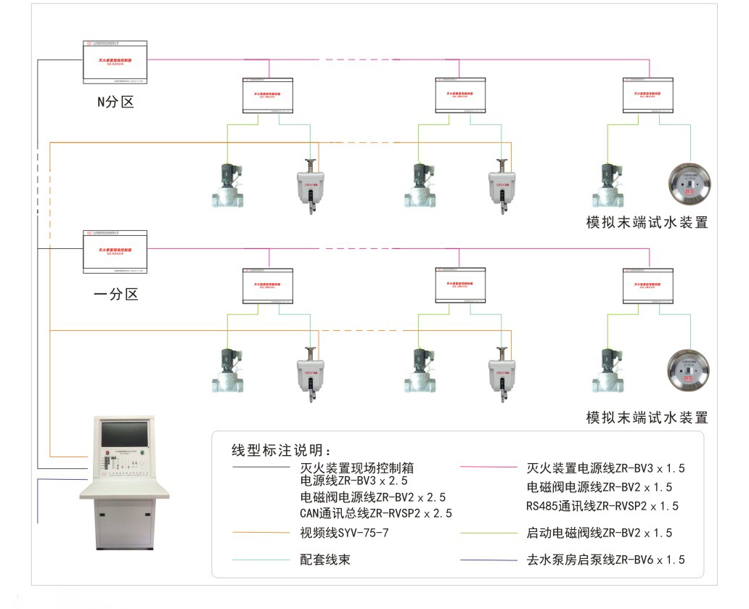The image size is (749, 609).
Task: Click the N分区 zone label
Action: [x=116, y=102]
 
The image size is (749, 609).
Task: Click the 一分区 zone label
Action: [x=116, y=294]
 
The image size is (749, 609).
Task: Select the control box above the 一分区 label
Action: [x=115, y=252]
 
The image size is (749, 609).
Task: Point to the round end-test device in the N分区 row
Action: [x=689, y=185]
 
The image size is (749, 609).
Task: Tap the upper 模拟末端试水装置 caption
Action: [x=647, y=222]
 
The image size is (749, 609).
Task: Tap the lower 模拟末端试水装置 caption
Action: [x=647, y=417]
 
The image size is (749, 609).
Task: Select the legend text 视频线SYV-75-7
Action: [x=345, y=533]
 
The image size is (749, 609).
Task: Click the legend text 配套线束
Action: [x=325, y=560]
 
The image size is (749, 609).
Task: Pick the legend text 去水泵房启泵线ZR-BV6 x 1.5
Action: [x=605, y=560]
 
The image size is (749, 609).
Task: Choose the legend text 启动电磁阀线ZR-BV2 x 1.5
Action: [x=599, y=533]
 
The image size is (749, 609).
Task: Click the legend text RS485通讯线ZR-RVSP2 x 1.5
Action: [x=602, y=505]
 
